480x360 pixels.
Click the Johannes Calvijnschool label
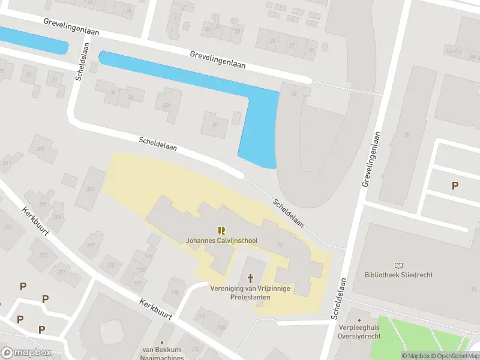[x=221, y=241]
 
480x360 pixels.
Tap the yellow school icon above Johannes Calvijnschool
[x=221, y=230]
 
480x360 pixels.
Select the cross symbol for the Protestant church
[x=250, y=278]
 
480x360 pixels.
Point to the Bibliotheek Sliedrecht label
[x=398, y=275]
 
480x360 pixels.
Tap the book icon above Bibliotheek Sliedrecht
[x=398, y=265]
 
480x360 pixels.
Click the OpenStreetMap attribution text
[x=453, y=356]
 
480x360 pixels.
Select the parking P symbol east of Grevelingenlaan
[x=455, y=186]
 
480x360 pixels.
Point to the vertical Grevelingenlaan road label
[x=372, y=160]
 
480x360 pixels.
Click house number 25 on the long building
[x=407, y=136]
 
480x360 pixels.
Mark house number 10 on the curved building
[x=294, y=94]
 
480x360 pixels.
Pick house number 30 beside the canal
[x=214, y=125]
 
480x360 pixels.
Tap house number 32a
[x=167, y=106]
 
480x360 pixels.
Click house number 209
[x=41, y=149]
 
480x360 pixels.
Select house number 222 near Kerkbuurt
[x=43, y=255]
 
